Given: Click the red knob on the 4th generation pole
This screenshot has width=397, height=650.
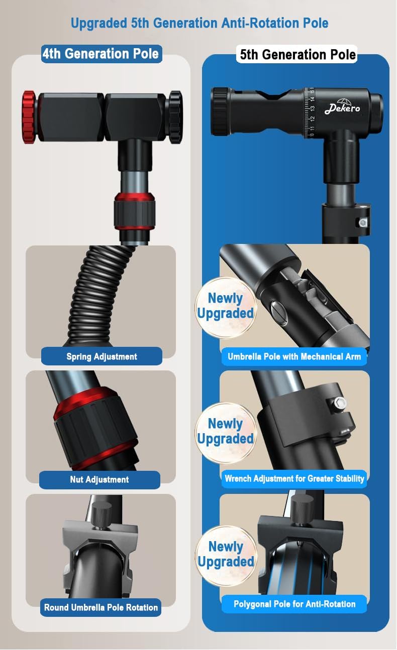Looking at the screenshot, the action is [x=29, y=117].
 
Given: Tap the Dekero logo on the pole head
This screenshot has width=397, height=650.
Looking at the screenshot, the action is [x=342, y=106].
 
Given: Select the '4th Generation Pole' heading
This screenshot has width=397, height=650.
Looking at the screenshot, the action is [x=101, y=54].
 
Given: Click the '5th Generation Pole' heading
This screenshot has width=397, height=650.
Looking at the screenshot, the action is [x=297, y=54].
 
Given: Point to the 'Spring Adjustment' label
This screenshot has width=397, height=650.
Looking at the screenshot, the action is [x=102, y=356].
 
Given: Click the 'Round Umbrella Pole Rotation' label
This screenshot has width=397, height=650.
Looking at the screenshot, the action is [x=101, y=607].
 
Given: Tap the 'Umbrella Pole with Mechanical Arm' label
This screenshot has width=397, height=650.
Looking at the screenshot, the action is [x=294, y=356].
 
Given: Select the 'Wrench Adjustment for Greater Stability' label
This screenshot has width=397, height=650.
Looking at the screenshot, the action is [x=294, y=478].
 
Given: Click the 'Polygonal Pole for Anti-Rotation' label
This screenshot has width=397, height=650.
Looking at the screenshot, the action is [x=294, y=604].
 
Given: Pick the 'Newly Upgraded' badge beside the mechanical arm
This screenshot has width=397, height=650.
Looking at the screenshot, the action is [x=226, y=307].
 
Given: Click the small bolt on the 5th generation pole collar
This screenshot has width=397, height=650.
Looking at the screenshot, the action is [x=362, y=223].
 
